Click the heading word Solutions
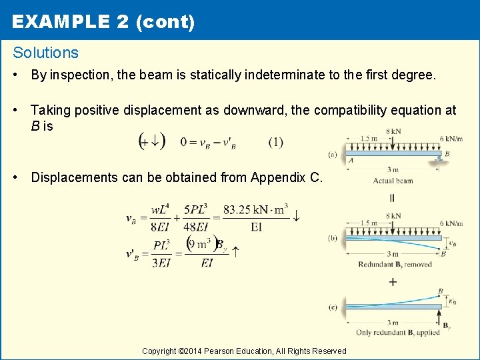click(45, 53)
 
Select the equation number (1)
click(276, 141)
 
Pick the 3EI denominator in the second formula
click(161, 262)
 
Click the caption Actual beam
click(393, 181)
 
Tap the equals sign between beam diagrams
click(392, 198)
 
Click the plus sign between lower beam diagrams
click(393, 282)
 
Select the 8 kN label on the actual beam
click(393, 131)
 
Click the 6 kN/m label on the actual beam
click(452, 139)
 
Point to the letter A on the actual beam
click(351, 161)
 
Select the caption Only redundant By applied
click(399, 333)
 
